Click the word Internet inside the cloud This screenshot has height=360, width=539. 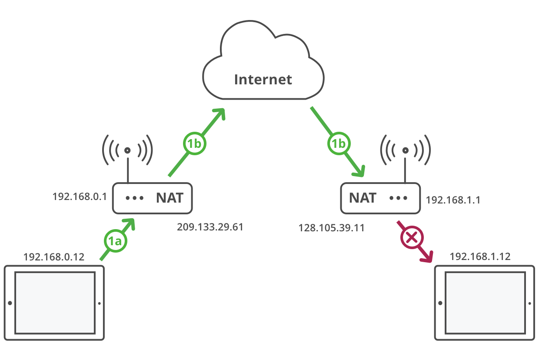pyautogui.click(x=263, y=80)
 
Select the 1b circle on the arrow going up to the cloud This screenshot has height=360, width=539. pyautogui.click(x=194, y=144)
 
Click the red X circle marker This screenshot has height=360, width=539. pyautogui.click(x=411, y=237)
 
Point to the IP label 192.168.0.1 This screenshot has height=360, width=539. pyautogui.click(x=80, y=197)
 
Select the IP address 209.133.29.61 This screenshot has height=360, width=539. pyautogui.click(x=210, y=227)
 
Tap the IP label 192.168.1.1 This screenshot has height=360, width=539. pyautogui.click(x=453, y=200)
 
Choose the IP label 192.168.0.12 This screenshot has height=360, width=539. pyautogui.click(x=53, y=257)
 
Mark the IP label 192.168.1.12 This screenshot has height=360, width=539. pyautogui.click(x=480, y=257)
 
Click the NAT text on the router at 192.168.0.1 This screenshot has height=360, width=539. pyautogui.click(x=170, y=198)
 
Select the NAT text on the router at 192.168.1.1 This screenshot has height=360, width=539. pyautogui.click(x=363, y=198)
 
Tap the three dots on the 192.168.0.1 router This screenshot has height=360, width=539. pyautogui.click(x=134, y=198)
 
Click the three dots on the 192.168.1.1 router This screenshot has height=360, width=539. pyautogui.click(x=398, y=198)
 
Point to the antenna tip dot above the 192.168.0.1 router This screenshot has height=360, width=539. pyautogui.click(x=127, y=150)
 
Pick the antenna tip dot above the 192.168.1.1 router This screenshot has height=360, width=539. pyautogui.click(x=405, y=150)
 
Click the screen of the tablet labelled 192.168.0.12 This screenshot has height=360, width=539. pyautogui.click(x=55, y=302)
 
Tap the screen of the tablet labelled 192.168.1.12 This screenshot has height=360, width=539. pyautogui.click(x=485, y=302)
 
